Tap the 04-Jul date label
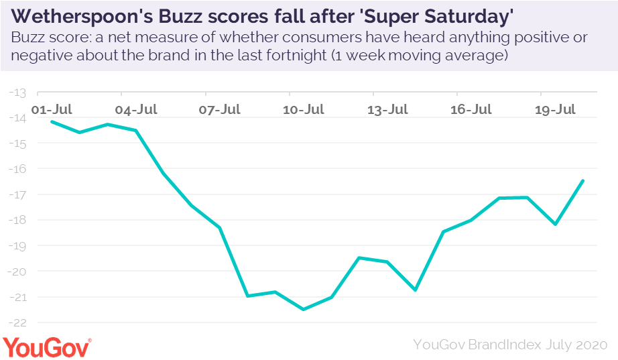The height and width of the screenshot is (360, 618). [136, 109]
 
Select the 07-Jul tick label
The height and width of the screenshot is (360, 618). [220, 109]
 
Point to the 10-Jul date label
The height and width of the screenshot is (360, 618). [304, 109]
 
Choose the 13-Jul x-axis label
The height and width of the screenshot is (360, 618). [387, 109]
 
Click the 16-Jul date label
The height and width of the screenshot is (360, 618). [471, 109]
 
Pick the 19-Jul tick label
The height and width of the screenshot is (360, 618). [555, 109]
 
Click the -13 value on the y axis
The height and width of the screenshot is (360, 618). [18, 93]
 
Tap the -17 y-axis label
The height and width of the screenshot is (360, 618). [18, 195]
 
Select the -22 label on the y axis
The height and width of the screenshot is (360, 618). [18, 322]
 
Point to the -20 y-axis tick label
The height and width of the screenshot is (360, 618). [18, 272]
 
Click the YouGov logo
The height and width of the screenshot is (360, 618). [48, 346]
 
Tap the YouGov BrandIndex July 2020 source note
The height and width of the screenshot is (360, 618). [510, 345]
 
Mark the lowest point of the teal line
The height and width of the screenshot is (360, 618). [304, 309]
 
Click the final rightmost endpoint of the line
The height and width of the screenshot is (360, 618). [583, 180]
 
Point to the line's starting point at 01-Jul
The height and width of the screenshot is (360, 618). [52, 121]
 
